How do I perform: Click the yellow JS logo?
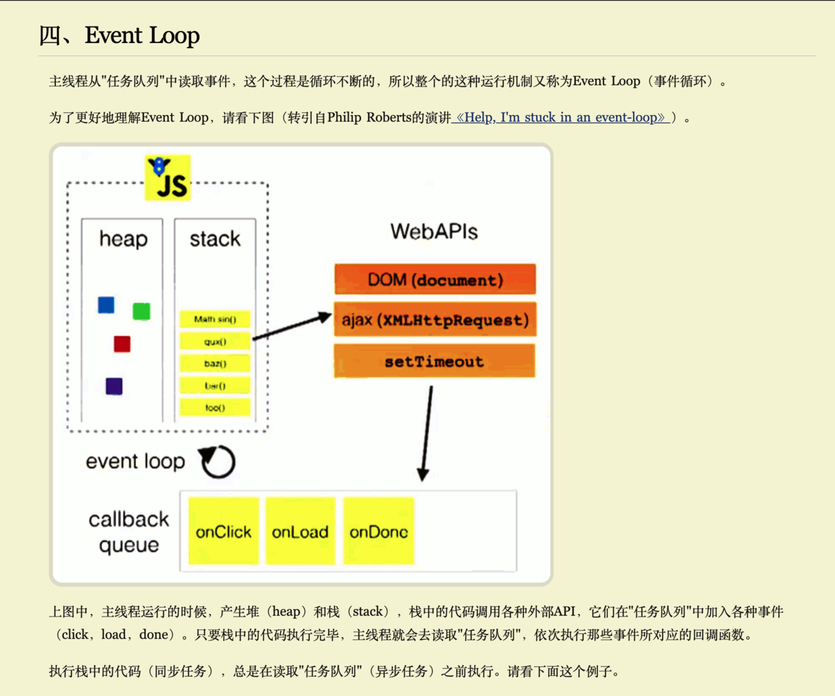[168, 178]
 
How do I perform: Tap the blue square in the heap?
[106, 305]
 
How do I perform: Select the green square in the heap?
[141, 311]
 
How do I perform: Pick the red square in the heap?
[122, 344]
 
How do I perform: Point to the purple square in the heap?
[114, 386]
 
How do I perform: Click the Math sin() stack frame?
[215, 319]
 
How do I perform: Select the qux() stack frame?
[215, 341]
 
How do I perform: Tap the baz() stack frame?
[215, 363]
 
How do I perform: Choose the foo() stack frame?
[215, 407]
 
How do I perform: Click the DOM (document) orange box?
[435, 279]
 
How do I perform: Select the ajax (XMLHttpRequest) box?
[435, 320]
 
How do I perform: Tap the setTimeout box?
[434, 361]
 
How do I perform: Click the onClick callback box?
[224, 531]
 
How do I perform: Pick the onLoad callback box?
[300, 531]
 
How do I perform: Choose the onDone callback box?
[378, 531]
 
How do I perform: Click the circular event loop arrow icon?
[218, 462]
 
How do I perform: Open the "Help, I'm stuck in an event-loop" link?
[560, 117]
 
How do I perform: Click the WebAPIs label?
[434, 232]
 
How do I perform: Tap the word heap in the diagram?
[123, 238]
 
